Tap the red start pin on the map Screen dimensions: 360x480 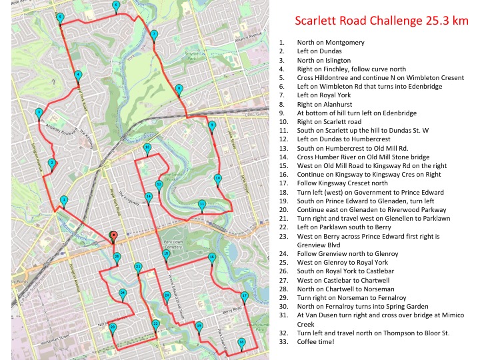click(x=113, y=235)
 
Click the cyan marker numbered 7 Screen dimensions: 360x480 click(x=154, y=34)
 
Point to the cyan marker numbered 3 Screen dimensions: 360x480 click(x=39, y=112)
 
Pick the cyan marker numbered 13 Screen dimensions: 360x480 click(x=147, y=147)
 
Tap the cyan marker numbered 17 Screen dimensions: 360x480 click(x=245, y=295)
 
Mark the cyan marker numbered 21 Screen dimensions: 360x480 click(x=138, y=267)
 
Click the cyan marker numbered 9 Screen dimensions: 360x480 click(x=212, y=125)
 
